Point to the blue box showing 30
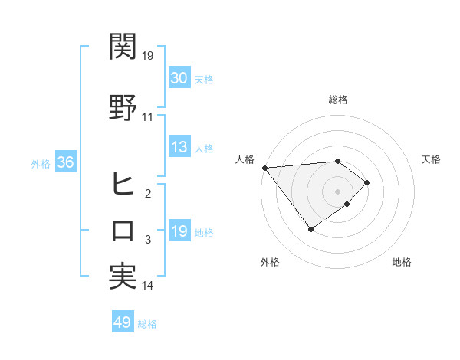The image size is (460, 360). tap(179, 78)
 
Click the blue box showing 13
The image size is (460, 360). tap(179, 148)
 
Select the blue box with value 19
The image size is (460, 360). tap(179, 231)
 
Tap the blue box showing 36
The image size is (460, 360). tap(65, 162)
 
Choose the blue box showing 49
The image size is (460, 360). tap(123, 322)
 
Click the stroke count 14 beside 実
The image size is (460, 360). tap(148, 286)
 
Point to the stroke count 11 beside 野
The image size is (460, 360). tap(148, 117)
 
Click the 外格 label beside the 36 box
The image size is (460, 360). tap(41, 163)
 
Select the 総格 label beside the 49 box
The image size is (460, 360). tap(147, 324)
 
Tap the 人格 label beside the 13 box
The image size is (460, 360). tap(204, 149)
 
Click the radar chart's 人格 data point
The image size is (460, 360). tap(264, 168)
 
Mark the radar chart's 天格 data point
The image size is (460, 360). tap(368, 182)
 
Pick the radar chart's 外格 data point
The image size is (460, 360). tap(310, 229)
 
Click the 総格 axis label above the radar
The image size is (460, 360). tap(337, 100)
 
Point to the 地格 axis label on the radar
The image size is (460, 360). tap(401, 263)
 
